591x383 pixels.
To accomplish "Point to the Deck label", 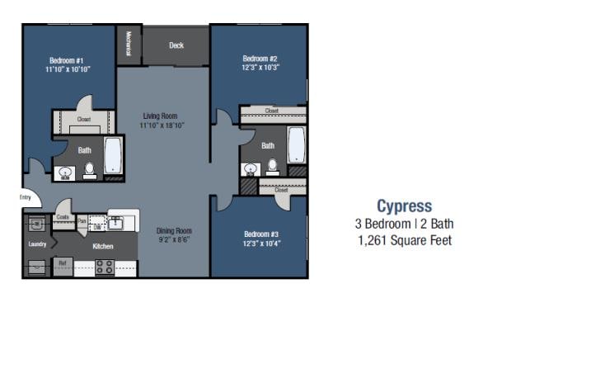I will pos(176,45).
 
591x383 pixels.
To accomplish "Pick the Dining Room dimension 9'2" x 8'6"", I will pos(174,240).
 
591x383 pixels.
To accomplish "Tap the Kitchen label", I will pos(103,246).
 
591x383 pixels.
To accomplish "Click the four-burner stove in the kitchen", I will pos(105,266).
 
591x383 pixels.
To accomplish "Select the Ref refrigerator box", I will pos(62,264).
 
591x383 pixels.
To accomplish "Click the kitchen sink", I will pos(115,222).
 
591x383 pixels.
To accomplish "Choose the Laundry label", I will pos(37,244).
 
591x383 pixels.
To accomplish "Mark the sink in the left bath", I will pos(65,172).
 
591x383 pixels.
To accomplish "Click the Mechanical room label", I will pos(129,44).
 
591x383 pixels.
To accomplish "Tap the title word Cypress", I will pos(404,206).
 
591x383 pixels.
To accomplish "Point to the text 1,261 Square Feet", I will pos(404,240).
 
